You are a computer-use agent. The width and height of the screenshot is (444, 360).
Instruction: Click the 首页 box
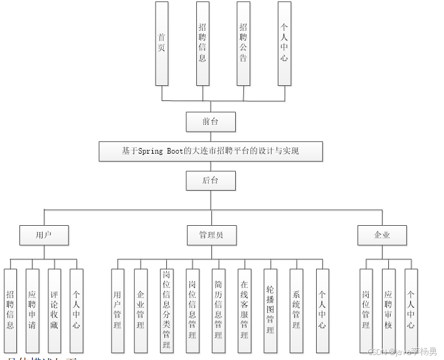click(162, 43)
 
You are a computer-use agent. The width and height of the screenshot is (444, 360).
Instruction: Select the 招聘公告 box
click(243, 43)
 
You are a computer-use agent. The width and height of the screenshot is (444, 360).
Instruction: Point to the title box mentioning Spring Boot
click(211, 151)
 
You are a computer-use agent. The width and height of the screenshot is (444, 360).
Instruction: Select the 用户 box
click(43, 235)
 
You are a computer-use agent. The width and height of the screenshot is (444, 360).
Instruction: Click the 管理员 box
click(211, 235)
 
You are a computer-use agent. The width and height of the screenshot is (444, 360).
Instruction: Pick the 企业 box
click(382, 235)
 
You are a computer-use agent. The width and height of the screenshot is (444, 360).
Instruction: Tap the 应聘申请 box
click(32, 310)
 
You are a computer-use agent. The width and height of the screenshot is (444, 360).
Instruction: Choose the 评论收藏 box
click(54, 310)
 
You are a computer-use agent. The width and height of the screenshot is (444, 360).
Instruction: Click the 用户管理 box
click(118, 310)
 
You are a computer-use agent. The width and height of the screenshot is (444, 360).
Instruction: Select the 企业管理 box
click(140, 310)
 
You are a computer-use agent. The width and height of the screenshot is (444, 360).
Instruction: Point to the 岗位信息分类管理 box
click(166, 310)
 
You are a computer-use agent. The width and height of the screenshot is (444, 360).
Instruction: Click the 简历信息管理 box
click(218, 310)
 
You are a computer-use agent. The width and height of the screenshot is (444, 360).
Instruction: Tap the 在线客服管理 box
click(244, 310)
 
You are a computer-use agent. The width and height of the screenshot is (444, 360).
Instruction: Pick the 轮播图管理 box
click(270, 310)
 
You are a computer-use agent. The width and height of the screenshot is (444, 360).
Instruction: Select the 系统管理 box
click(296, 310)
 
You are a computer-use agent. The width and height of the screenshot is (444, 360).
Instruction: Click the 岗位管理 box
click(366, 310)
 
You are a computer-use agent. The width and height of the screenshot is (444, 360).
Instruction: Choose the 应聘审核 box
click(388, 310)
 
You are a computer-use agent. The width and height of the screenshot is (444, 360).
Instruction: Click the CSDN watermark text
click(401, 352)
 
